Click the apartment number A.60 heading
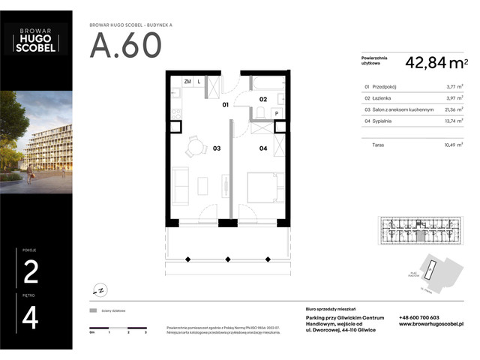(126, 46)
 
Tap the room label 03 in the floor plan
(216, 148)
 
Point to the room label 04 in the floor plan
(263, 148)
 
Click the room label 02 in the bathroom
(263, 99)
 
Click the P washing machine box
(277, 114)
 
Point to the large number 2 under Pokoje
(31, 271)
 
